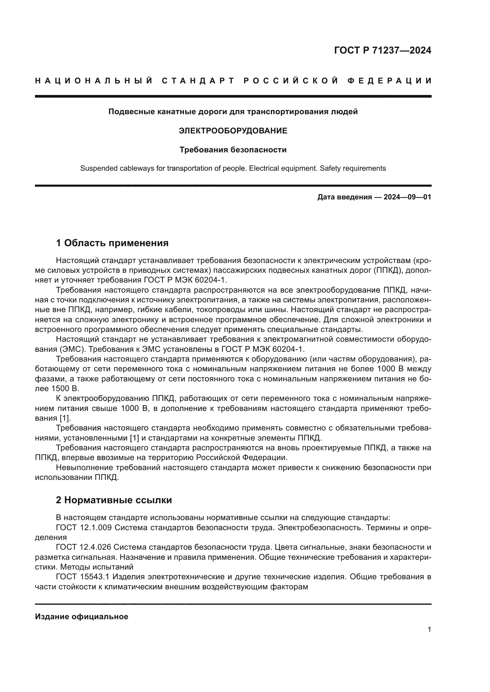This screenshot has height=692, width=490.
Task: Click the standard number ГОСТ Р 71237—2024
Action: (x=382, y=50)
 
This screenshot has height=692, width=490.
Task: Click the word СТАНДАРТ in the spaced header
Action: (x=198, y=81)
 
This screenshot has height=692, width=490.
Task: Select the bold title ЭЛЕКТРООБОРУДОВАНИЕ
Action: (x=233, y=131)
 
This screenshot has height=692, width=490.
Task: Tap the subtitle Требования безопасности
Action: (x=233, y=150)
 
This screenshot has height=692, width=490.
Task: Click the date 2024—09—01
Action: (x=407, y=197)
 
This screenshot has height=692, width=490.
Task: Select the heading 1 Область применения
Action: (x=112, y=243)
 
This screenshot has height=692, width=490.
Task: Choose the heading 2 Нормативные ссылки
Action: (x=114, y=500)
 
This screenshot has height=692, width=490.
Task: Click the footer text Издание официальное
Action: (x=81, y=617)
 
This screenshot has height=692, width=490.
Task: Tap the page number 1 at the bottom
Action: (x=429, y=630)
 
